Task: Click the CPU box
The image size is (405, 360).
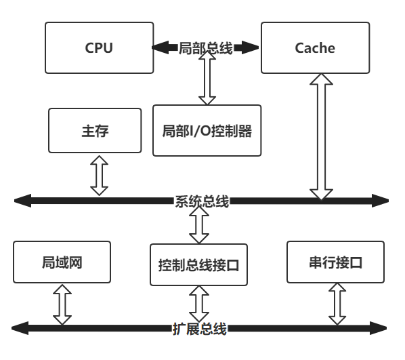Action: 99,47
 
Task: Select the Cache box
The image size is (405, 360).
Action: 315,47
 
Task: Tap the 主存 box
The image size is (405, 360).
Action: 95,130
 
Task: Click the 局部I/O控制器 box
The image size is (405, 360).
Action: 207,130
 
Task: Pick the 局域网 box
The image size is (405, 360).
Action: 62,262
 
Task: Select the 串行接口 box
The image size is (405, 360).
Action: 336,262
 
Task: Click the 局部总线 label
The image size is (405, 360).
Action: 205,48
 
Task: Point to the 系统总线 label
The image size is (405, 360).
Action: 202,201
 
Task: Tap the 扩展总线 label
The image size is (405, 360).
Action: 199,329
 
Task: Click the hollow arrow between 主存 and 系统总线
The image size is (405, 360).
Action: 100,175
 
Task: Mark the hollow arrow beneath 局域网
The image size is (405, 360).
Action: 62,304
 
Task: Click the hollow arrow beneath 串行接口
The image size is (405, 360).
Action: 337,304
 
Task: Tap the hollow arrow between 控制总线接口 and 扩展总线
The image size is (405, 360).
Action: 199,304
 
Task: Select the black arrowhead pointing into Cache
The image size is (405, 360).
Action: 251,48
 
